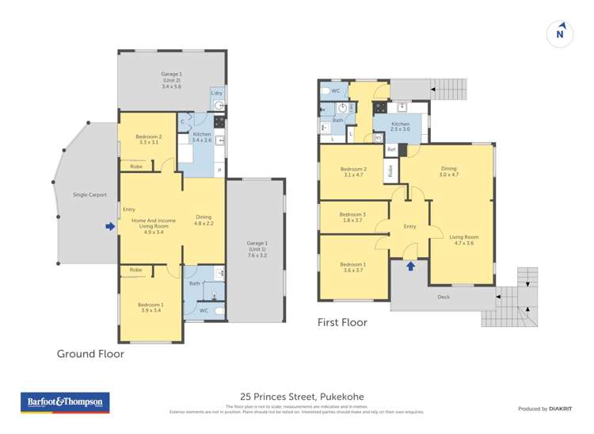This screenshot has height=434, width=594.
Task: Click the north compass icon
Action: [x=560, y=33]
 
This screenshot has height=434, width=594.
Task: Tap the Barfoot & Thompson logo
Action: [x=65, y=402]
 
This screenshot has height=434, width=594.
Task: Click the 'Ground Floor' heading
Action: [x=90, y=354]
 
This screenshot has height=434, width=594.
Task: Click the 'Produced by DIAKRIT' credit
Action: [x=544, y=409]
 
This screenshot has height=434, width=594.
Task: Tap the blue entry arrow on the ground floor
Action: [x=109, y=227]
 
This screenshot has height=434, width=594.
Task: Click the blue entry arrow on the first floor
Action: [x=410, y=266]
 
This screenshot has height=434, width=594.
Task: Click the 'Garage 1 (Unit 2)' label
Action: [x=172, y=81]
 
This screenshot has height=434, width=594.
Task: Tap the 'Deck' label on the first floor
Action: [x=444, y=298]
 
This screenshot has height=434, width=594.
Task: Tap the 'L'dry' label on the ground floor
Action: [x=216, y=94]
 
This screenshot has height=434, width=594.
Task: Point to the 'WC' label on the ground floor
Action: [x=204, y=310]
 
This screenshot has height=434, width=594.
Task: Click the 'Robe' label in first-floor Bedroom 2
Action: [x=390, y=170]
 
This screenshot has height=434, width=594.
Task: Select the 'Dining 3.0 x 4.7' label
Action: [x=448, y=172]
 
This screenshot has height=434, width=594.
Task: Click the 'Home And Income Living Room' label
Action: [x=154, y=225]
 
